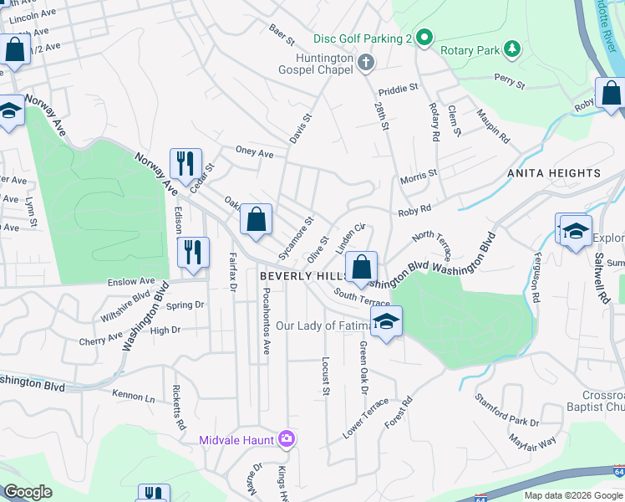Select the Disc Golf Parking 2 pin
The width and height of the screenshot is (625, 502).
pyautogui.click(x=424, y=38)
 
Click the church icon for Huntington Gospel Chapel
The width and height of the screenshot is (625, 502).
pyautogui.click(x=365, y=62)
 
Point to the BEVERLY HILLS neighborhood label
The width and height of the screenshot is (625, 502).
pyautogui.click(x=301, y=276)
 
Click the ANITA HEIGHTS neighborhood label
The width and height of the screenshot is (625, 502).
pyautogui.click(x=553, y=173)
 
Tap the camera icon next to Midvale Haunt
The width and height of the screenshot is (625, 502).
pyautogui.click(x=287, y=438)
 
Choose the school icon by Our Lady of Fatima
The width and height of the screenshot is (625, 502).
pyautogui.click(x=386, y=321)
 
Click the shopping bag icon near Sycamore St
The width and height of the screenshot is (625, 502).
pyautogui.click(x=257, y=220)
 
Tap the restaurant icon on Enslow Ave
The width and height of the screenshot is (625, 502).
pyautogui.click(x=193, y=251)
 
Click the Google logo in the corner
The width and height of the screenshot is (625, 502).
pyautogui.click(x=28, y=492)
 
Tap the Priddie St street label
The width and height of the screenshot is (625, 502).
pyautogui.click(x=397, y=88)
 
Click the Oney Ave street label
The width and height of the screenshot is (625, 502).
pyautogui.click(x=255, y=153)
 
